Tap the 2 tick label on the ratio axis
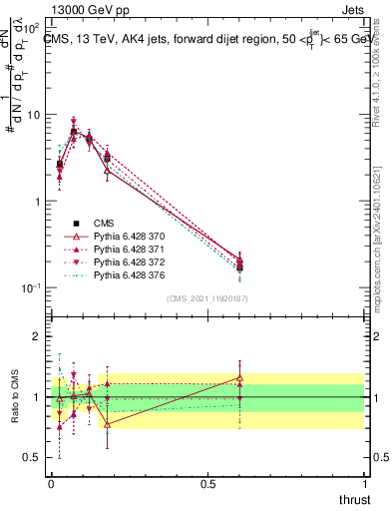[x=37, y=336]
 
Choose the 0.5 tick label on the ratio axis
[x=33, y=457]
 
